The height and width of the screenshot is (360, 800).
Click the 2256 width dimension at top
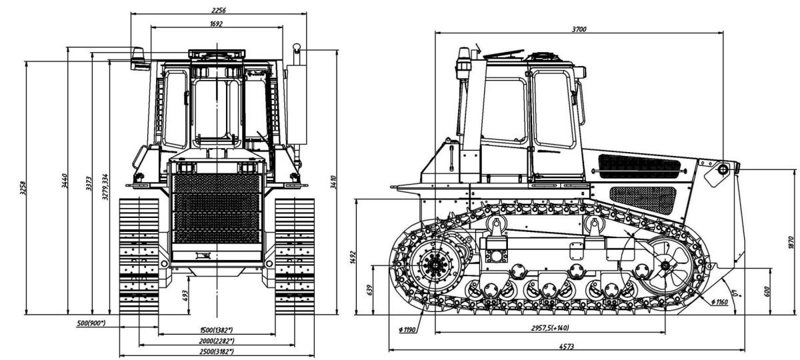coord(218,9)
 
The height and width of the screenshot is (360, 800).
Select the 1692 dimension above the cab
coord(216,23)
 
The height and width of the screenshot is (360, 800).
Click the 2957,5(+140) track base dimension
coord(550,328)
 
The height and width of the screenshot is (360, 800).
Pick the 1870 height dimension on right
coord(791,243)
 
